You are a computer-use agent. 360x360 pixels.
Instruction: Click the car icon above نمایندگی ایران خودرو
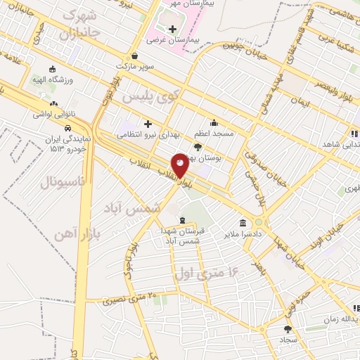[x=66, y=129]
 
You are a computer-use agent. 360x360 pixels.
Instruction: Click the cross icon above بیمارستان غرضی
[x=173, y=29]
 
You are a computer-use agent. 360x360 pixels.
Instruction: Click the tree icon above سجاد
[x=287, y=328]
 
